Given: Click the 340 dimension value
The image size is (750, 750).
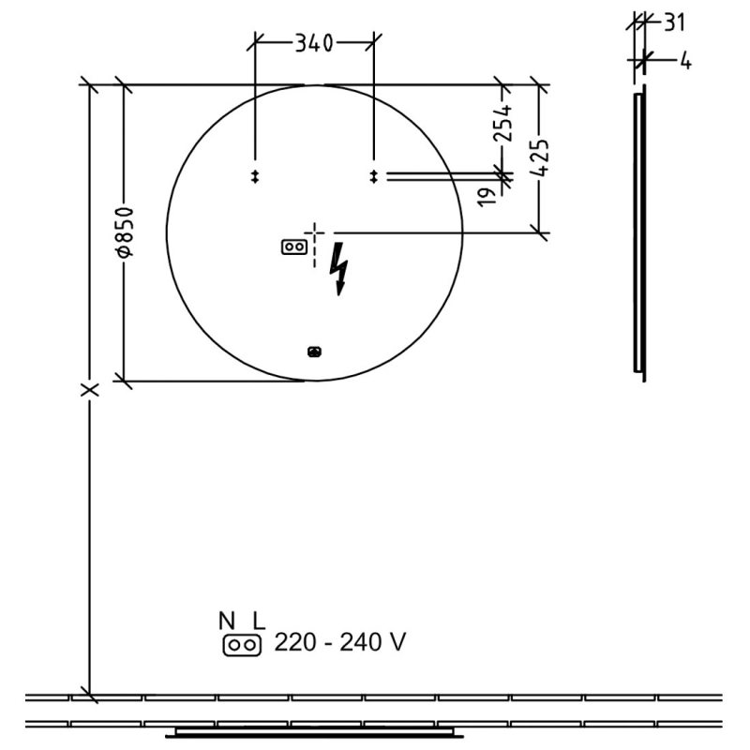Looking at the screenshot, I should (314, 43).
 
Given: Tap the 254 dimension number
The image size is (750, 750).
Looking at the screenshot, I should (504, 124).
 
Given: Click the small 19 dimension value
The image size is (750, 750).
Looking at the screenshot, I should (487, 196).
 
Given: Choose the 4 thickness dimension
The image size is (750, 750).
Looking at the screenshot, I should (685, 62).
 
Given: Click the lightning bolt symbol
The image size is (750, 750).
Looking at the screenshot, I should (340, 269).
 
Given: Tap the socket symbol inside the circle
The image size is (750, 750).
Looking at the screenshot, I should (293, 247).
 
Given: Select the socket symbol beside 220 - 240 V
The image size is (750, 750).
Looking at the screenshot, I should (241, 644).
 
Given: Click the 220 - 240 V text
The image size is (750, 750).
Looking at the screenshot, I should (340, 643).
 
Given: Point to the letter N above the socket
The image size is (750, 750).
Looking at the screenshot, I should (227, 621).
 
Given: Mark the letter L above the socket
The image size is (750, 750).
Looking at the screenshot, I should (259, 621).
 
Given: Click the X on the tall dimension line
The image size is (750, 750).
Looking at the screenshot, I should (90, 389).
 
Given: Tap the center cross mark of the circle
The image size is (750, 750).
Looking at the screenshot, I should (315, 232).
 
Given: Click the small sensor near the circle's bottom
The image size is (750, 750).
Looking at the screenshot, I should (314, 352).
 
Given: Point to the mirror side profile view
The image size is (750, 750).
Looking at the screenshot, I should (640, 234).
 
